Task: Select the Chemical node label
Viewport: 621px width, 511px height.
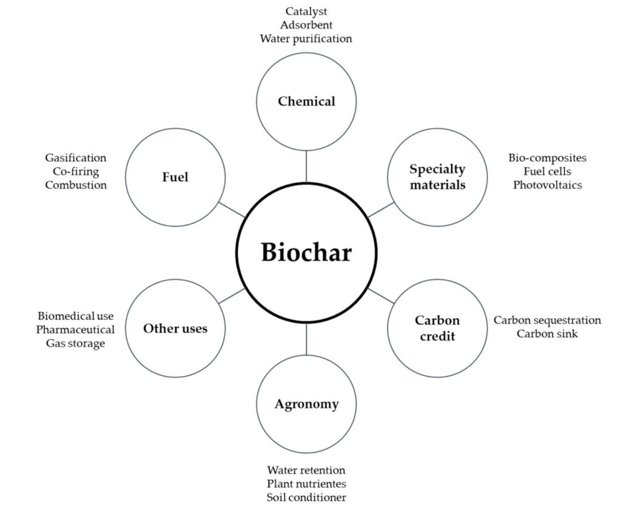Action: (306, 101)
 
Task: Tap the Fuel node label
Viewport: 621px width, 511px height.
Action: (175, 177)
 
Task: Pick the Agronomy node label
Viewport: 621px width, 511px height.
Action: (306, 404)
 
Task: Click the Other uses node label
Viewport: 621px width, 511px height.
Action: (175, 328)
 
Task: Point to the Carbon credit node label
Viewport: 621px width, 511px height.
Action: (437, 327)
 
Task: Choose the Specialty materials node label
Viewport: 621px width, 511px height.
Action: (437, 176)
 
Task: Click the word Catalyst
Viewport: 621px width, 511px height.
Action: (306, 12)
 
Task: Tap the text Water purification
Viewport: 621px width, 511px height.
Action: (306, 39)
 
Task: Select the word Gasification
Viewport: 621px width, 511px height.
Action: (76, 158)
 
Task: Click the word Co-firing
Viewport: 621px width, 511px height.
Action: (76, 172)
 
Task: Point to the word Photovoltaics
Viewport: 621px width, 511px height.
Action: (547, 185)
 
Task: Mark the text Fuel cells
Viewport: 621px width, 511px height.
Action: (547, 172)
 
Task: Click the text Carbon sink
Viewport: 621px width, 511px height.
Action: (547, 333)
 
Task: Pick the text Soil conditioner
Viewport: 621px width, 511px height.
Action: (306, 498)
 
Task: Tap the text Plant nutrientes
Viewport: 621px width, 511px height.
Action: (306, 484)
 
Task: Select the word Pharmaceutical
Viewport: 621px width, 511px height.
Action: (75, 330)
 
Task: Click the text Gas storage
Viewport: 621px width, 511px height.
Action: (75, 344)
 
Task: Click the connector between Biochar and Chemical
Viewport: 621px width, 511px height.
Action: (306, 166)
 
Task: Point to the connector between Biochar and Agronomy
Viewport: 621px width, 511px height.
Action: (306, 339)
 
